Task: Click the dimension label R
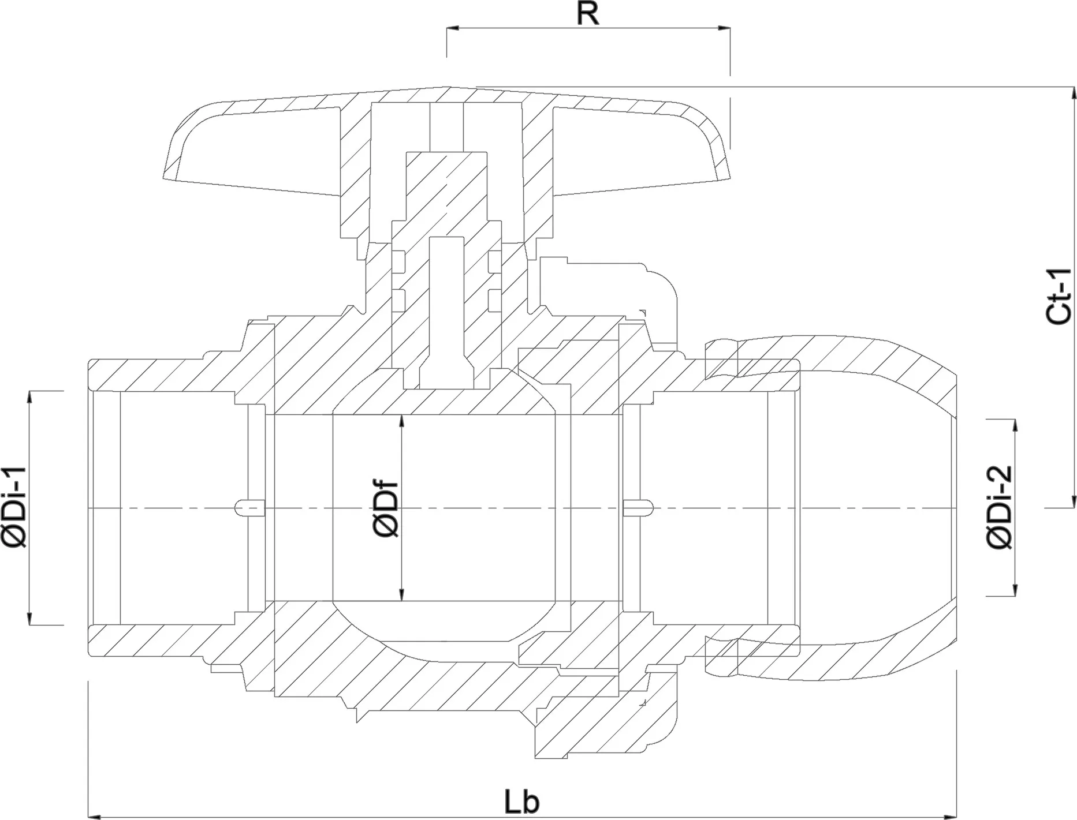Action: tap(588, 14)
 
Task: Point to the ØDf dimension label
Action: tap(386, 508)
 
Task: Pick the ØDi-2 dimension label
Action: tap(1000, 508)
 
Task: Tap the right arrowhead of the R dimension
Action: tap(724, 28)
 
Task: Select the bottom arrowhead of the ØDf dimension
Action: tap(403, 594)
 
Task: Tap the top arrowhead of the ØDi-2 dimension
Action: tap(1015, 426)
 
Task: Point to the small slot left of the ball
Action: tap(251, 508)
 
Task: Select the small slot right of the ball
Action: tap(638, 508)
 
